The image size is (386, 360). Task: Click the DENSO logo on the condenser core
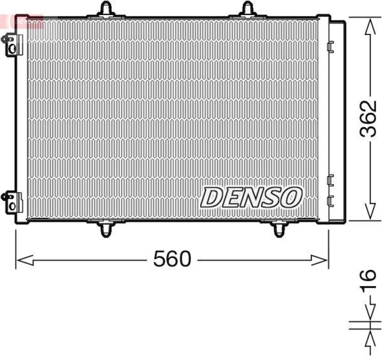click(x=251, y=197)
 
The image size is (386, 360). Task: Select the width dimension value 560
click(x=172, y=260)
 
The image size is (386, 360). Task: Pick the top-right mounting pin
click(x=248, y=9)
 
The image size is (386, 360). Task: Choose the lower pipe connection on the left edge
click(x=12, y=202)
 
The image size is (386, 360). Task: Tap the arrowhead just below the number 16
click(x=370, y=313)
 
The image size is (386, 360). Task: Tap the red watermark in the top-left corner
click(x=22, y=20)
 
